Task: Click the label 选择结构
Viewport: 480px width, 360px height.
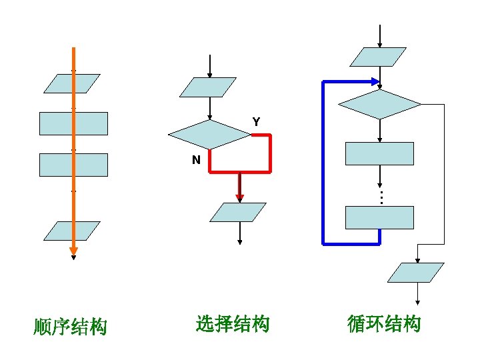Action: [x=233, y=325]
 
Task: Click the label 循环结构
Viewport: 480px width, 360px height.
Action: [x=385, y=325]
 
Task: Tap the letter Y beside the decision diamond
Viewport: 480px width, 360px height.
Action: [x=256, y=122]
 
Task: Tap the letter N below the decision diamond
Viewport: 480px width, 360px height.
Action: [x=196, y=160]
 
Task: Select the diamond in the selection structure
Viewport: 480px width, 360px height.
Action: [x=209, y=135]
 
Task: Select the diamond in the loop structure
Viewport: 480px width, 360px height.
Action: [x=380, y=104]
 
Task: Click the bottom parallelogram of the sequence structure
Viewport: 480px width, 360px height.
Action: [x=71, y=231]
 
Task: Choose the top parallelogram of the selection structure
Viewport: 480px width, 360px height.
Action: [x=209, y=87]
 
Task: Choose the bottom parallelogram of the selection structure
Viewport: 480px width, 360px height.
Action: [x=238, y=212]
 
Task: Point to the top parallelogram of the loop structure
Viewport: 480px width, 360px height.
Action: [x=379, y=57]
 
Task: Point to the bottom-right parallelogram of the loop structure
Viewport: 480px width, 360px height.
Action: [x=417, y=273]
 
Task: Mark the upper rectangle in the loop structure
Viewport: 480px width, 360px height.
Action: [x=379, y=153]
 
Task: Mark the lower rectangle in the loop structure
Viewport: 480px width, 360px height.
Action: [x=379, y=217]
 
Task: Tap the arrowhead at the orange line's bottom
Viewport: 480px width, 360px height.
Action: [x=73, y=252]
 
